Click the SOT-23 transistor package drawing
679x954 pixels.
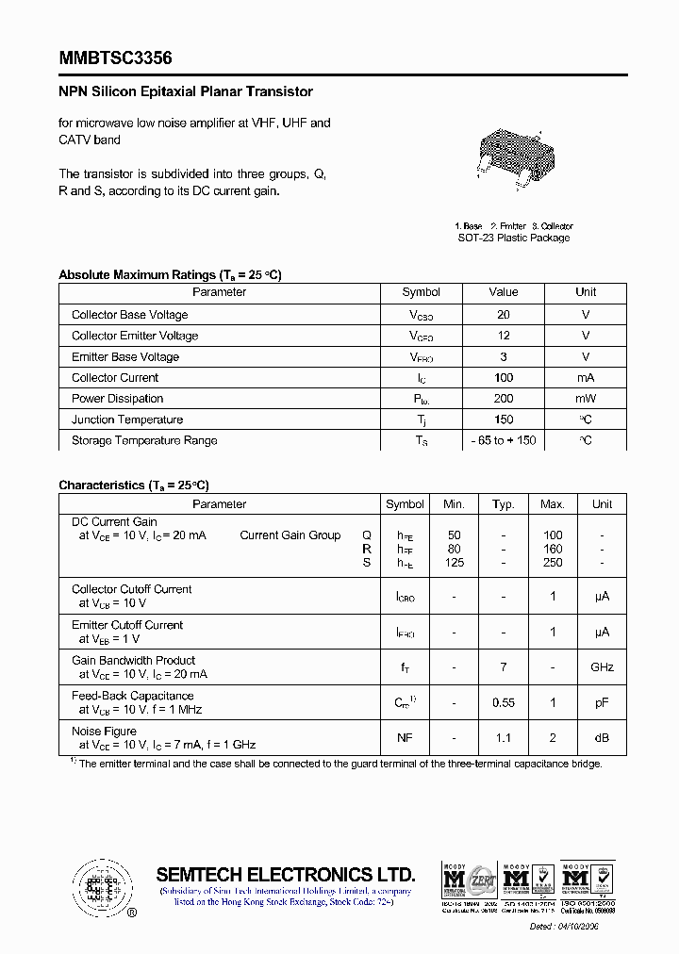(x=513, y=156)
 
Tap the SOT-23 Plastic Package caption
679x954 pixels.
(x=514, y=238)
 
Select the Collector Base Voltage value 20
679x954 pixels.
(x=504, y=315)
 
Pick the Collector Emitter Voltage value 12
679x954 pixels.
(x=504, y=336)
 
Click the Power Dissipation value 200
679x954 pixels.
(x=504, y=399)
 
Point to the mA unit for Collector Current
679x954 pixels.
(x=586, y=378)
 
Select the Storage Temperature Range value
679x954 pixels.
(x=504, y=441)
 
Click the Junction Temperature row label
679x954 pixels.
(x=127, y=419)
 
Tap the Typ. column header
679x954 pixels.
(x=504, y=504)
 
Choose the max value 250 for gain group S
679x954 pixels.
(x=553, y=563)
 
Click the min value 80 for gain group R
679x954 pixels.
(x=455, y=549)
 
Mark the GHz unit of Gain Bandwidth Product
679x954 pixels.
(x=602, y=667)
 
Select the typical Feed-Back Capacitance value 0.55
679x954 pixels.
(x=504, y=703)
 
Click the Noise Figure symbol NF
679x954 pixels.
(x=405, y=738)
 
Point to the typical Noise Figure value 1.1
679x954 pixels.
(x=504, y=738)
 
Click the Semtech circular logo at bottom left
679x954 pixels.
(x=99, y=887)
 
